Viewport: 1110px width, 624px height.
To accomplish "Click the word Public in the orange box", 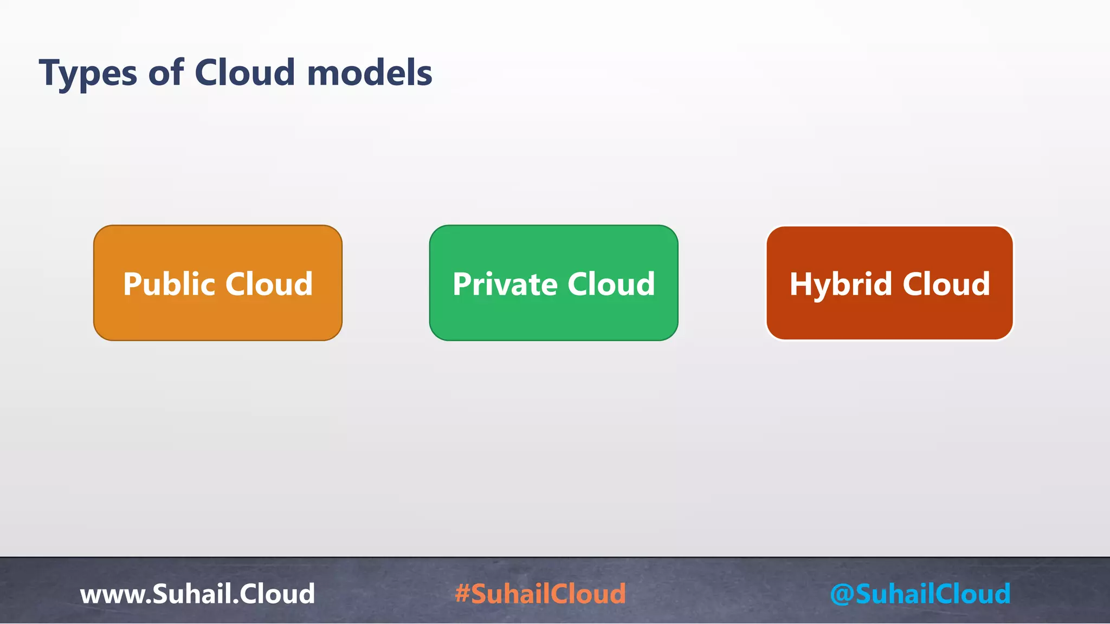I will pyautogui.click(x=169, y=284).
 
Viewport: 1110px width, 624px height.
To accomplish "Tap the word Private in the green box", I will pyautogui.click(x=505, y=284).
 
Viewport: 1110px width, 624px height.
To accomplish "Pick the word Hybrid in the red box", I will pyautogui.click(x=841, y=285).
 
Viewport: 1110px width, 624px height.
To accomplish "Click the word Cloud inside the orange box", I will pyautogui.click(x=269, y=284).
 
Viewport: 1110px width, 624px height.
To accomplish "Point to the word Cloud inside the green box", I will pyautogui.click(x=611, y=284).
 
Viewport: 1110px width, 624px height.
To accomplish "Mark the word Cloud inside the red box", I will pyautogui.click(x=946, y=284).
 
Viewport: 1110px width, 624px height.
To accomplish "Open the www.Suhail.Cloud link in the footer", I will pyautogui.click(x=197, y=594).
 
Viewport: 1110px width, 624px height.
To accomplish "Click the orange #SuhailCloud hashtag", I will pyautogui.click(x=540, y=594).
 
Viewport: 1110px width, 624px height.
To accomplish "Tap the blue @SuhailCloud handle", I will pyautogui.click(x=920, y=594).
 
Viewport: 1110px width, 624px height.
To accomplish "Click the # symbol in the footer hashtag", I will pyautogui.click(x=462, y=594).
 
